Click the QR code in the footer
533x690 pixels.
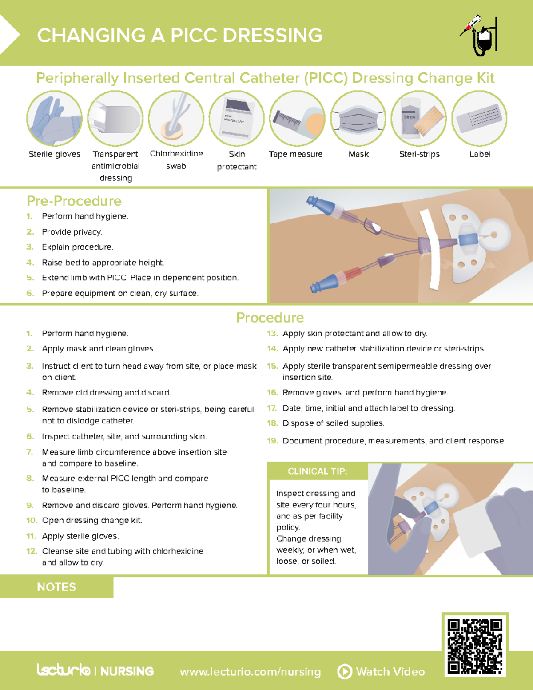pyautogui.click(x=475, y=646)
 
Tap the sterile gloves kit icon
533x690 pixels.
pyautogui.click(x=55, y=119)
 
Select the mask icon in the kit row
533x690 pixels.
pyautogui.click(x=358, y=119)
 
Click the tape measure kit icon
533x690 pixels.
pyautogui.click(x=297, y=119)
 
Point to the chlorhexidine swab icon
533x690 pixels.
pyautogui.click(x=176, y=119)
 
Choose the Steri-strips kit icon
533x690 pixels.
pyautogui.click(x=419, y=119)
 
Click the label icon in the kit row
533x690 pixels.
pyautogui.click(x=479, y=119)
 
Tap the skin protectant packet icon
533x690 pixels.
pyautogui.click(x=237, y=119)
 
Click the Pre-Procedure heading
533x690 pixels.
pyautogui.click(x=74, y=201)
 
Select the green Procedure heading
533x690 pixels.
pyautogui.click(x=270, y=318)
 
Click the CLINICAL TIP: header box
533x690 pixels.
pyautogui.click(x=317, y=471)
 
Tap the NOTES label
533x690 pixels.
pyautogui.click(x=56, y=587)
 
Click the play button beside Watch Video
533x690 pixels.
pyautogui.click(x=345, y=671)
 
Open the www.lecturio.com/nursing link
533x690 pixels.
pyautogui.click(x=250, y=672)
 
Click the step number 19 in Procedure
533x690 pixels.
pyautogui.click(x=272, y=441)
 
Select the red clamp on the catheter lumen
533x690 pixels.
pyautogui.click(x=352, y=274)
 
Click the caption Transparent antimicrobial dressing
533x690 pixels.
pyautogui.click(x=115, y=166)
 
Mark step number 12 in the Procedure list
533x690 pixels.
pyautogui.click(x=32, y=551)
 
